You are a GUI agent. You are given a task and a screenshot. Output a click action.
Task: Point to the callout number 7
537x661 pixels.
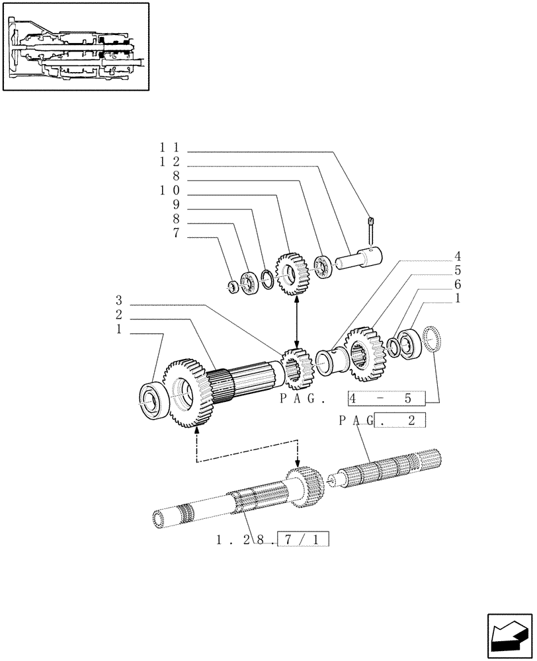tap(176, 233)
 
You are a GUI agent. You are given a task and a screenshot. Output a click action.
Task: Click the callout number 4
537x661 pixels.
tap(457, 256)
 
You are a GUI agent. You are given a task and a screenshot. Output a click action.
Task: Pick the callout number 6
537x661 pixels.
tap(457, 284)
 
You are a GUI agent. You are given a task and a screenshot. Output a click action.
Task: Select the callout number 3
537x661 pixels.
tap(118, 299)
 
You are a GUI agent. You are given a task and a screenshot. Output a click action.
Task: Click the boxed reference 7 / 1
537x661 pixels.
tap(304, 539)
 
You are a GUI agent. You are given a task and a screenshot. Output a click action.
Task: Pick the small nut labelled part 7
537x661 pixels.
tap(233, 286)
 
